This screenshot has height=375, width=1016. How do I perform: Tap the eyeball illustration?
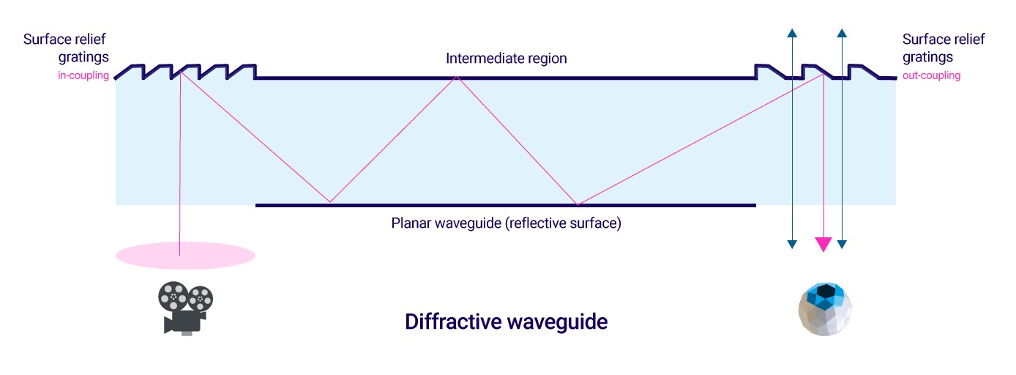click(825, 309)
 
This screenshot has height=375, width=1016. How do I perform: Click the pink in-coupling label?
click(83, 75)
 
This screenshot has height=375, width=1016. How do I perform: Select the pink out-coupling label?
click(931, 75)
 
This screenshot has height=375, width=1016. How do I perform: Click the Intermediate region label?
click(507, 59)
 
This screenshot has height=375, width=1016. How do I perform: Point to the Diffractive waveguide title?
click(507, 322)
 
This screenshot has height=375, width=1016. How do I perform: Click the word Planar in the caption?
click(411, 223)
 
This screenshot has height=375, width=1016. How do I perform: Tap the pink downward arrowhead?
click(823, 244)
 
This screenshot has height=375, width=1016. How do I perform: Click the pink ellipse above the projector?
click(185, 256)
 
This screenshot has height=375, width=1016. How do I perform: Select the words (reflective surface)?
click(563, 223)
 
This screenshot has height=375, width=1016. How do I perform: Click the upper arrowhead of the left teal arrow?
click(792, 33)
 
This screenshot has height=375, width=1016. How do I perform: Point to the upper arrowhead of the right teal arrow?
click(842, 33)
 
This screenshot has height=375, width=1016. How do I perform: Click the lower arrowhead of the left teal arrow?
click(792, 244)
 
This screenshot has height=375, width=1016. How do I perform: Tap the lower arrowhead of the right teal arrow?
click(842, 244)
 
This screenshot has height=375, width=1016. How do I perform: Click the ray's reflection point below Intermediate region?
click(457, 77)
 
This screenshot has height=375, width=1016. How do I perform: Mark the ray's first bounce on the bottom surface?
click(330, 202)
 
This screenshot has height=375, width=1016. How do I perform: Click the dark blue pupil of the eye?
click(826, 290)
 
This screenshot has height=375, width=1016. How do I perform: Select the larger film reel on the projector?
click(173, 297)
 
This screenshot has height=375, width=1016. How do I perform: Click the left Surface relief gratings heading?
click(66, 48)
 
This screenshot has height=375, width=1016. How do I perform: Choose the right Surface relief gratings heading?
click(944, 48)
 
